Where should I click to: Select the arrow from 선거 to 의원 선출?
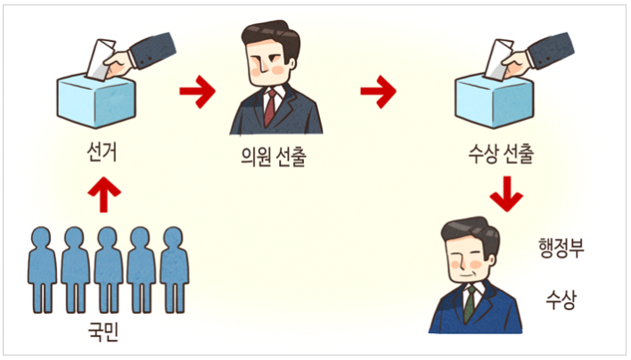coord(197,90)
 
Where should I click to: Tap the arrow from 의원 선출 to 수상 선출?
coord(378,90)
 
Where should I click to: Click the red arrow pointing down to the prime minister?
coord(506,194)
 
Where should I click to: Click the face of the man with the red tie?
coord(266,58)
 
